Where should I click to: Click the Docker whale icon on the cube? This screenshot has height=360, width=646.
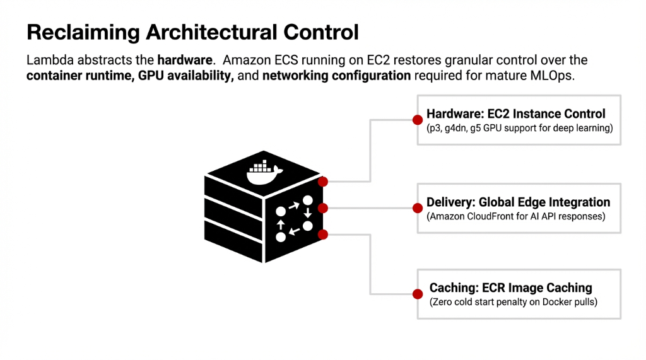coord(264,173)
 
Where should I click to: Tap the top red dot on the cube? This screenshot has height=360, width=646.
coord(323,182)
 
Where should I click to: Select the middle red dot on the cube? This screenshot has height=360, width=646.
coord(323,208)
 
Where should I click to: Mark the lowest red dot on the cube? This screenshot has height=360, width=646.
coord(323,235)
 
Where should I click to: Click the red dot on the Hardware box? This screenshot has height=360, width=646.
coord(417,120)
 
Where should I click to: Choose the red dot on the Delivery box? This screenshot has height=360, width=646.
coord(417,208)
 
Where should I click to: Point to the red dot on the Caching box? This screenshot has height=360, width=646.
coord(417,294)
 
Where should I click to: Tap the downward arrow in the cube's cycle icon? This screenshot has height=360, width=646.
coord(307,212)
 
